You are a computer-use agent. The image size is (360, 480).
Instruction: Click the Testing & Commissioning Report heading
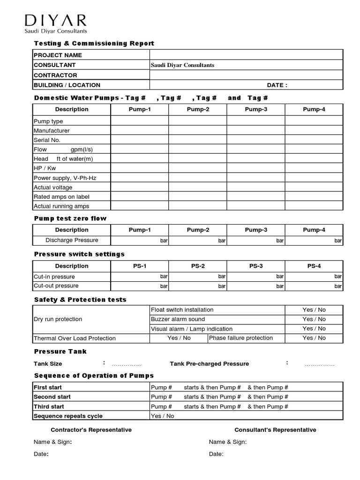[94, 44]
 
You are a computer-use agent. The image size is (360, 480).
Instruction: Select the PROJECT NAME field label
[58, 55]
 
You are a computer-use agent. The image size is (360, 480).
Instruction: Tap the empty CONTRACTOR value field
[246, 75]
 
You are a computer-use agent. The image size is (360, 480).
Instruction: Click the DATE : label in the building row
[277, 85]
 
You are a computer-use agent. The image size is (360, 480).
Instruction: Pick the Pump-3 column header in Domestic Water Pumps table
[256, 109]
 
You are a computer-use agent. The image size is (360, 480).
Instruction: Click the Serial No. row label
[47, 140]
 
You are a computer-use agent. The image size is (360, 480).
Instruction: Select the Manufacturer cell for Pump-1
[140, 131]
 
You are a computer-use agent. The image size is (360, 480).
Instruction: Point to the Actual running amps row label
[61, 206]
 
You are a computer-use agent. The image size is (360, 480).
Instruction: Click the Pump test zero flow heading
[70, 218]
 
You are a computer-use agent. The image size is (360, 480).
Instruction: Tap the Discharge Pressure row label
[72, 240]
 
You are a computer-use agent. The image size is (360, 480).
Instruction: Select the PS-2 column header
[198, 266]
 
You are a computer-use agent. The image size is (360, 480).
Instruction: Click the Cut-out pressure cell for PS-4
[314, 286]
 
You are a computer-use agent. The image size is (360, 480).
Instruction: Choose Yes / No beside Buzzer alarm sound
[314, 319]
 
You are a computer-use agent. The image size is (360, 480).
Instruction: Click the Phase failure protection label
[240, 338]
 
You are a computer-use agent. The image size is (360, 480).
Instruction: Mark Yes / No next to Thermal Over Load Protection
[179, 338]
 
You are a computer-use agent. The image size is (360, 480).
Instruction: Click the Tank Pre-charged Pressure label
[209, 364]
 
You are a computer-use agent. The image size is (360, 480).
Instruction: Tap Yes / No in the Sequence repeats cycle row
[162, 416]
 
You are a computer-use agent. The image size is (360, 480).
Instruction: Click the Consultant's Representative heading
[275, 430]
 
